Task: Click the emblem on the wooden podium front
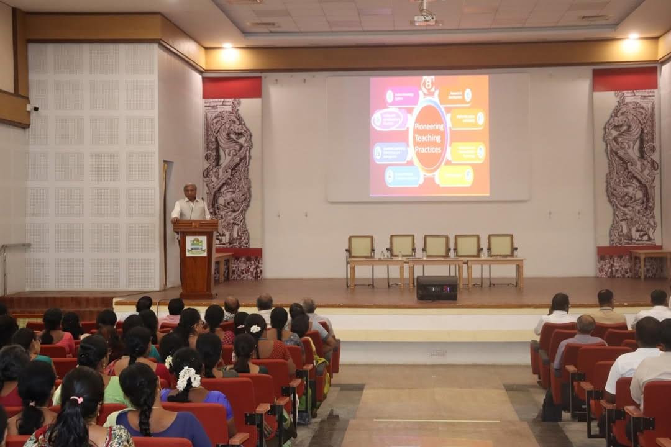[196, 246]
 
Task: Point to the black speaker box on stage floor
[436, 288]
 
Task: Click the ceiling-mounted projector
[425, 18]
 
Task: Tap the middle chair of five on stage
[436, 246]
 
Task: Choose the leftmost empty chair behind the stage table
[361, 246]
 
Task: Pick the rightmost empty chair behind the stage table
[501, 246]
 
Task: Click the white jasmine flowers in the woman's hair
[188, 377]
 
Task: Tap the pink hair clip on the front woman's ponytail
[76, 400]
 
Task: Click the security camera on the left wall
[32, 107]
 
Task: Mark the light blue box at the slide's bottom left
[403, 176]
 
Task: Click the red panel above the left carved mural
[232, 88]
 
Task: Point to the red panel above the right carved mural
[624, 79]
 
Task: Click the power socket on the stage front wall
[438, 353]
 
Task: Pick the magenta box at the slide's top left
[403, 96]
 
